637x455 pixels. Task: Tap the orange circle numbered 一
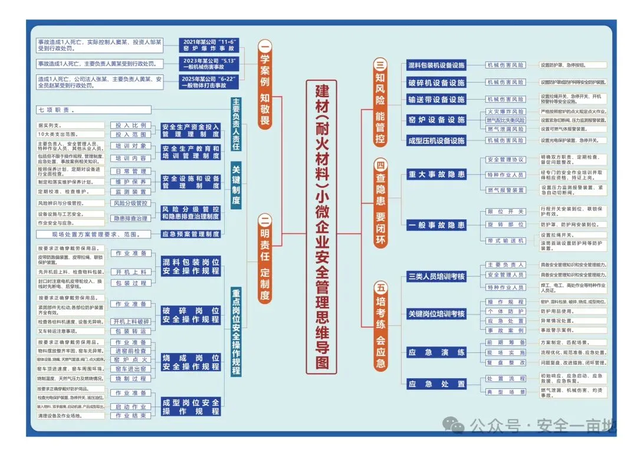(x=265, y=47)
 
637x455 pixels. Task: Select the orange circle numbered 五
(x=381, y=288)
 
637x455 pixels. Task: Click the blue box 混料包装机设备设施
(x=436, y=66)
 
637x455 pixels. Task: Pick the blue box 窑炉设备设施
(x=436, y=120)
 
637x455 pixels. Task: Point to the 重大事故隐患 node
(x=436, y=174)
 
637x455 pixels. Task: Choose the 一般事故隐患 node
(x=436, y=225)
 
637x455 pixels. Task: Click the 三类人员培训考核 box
(x=436, y=276)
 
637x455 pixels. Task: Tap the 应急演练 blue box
(x=436, y=352)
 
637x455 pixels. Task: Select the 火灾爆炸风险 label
(x=505, y=112)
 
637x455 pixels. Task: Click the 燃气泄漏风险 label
(x=505, y=129)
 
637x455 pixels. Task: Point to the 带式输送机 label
(x=505, y=241)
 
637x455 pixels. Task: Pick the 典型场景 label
(x=505, y=392)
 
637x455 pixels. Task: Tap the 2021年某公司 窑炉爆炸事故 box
(x=211, y=46)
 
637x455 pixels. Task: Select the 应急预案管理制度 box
(x=191, y=234)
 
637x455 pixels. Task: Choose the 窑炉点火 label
(x=131, y=359)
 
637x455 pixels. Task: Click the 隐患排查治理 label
(x=131, y=218)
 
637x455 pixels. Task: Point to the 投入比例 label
(x=131, y=126)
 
